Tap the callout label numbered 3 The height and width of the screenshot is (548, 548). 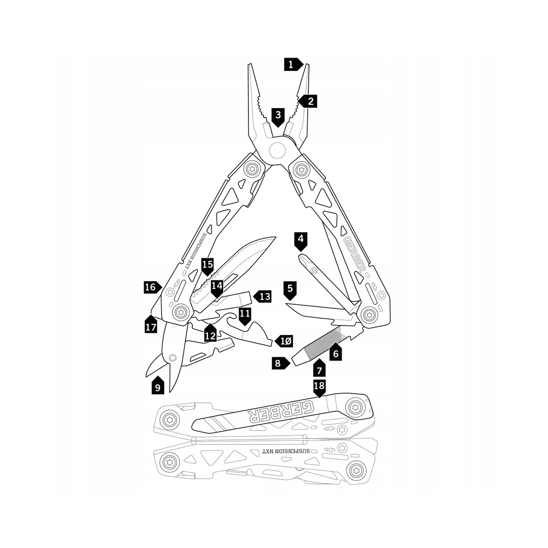point(278,117)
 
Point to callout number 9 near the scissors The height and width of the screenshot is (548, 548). point(158,385)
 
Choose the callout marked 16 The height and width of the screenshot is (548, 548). point(153,287)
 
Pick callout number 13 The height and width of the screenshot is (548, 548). point(262,297)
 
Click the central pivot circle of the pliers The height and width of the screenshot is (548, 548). point(277,150)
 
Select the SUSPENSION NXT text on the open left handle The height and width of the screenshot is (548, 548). point(196,251)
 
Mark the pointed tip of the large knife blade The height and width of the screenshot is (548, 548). point(275,237)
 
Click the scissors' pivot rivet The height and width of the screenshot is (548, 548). point(172,358)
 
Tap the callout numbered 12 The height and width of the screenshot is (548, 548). point(211,333)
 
